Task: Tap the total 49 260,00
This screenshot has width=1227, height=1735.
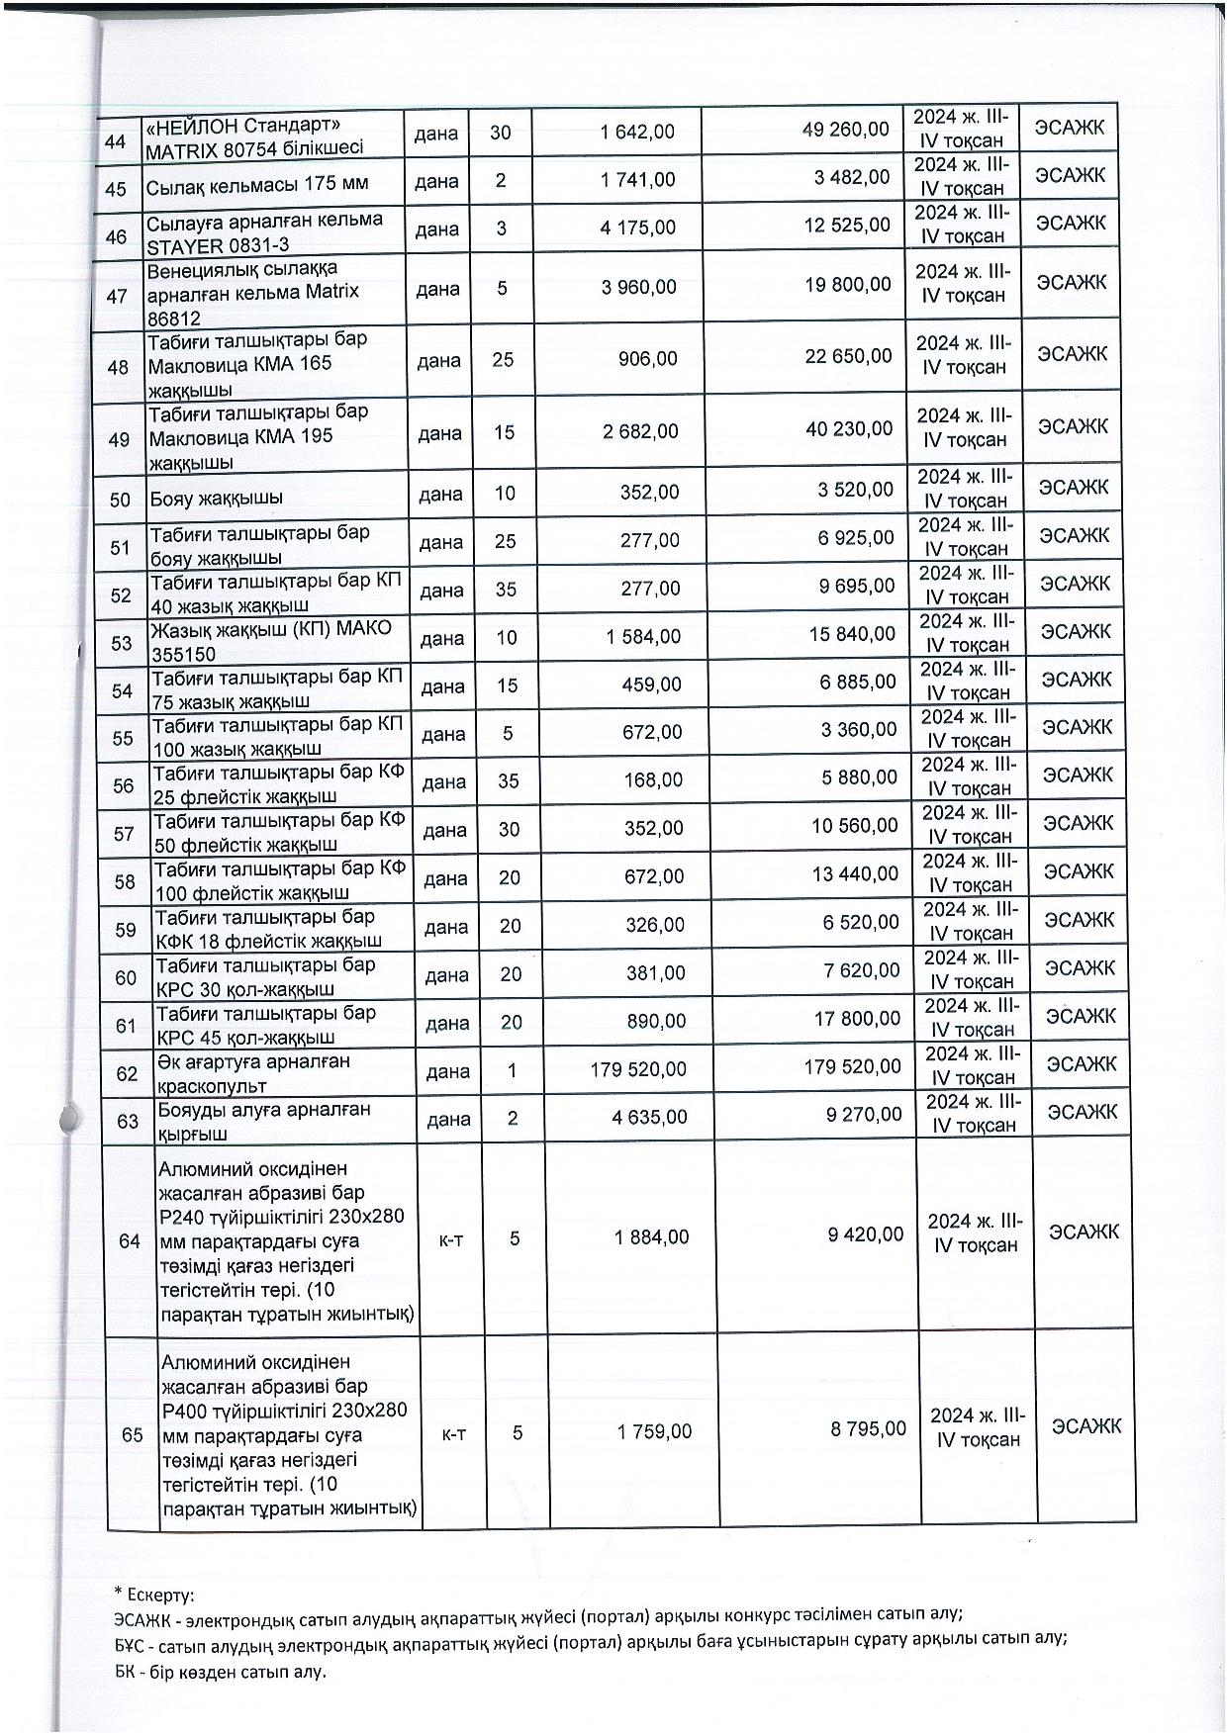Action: (x=845, y=130)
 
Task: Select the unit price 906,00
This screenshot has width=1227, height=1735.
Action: (x=650, y=358)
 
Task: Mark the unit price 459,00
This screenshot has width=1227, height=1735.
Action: (x=653, y=683)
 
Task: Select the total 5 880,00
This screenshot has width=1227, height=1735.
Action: (x=858, y=778)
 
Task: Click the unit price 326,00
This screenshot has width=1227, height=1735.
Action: (x=655, y=924)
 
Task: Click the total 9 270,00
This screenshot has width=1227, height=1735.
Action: (x=864, y=1115)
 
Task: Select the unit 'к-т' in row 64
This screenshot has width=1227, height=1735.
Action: (x=451, y=1237)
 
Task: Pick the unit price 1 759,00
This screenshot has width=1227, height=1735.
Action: (x=654, y=1430)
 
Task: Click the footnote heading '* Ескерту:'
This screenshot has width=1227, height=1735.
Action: (x=153, y=1594)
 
